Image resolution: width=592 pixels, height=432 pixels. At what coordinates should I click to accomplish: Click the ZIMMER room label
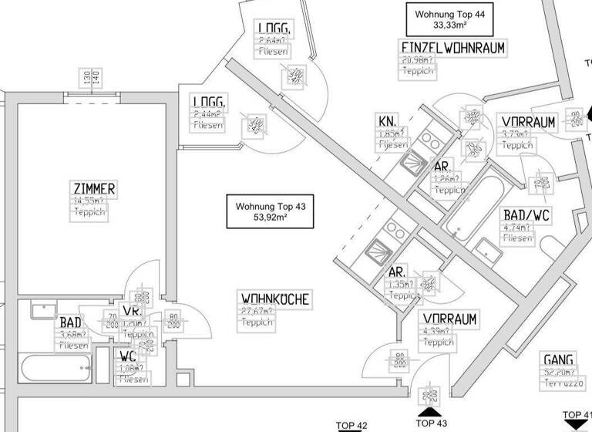[x=94, y=189]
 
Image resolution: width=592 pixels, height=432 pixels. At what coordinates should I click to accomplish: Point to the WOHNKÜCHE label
[x=276, y=298]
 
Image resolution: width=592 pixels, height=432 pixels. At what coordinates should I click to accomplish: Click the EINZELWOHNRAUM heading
[x=452, y=48]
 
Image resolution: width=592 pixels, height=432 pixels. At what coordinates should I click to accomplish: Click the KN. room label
[x=387, y=121]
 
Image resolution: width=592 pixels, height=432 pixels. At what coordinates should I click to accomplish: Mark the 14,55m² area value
[x=93, y=201]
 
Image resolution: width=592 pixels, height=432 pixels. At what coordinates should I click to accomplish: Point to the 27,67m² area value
[x=257, y=310]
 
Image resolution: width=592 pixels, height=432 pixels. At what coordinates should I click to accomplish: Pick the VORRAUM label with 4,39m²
[x=449, y=319]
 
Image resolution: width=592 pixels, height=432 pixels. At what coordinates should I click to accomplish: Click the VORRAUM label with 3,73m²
[x=528, y=122]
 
